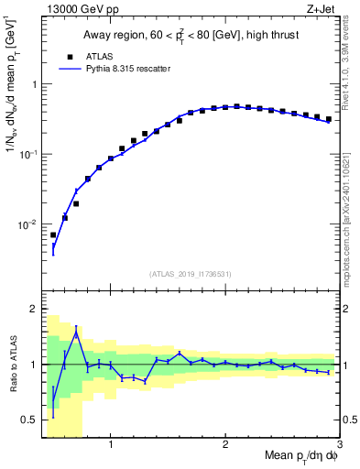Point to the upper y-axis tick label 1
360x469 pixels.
click(x=33, y=84)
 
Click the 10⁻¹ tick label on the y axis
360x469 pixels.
click(x=30, y=154)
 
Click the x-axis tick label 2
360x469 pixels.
click(x=225, y=446)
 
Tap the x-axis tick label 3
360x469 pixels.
click(x=340, y=446)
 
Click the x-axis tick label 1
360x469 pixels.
click(x=110, y=446)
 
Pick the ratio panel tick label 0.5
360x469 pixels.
click(x=30, y=420)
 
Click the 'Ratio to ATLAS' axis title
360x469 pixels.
click(x=12, y=364)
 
